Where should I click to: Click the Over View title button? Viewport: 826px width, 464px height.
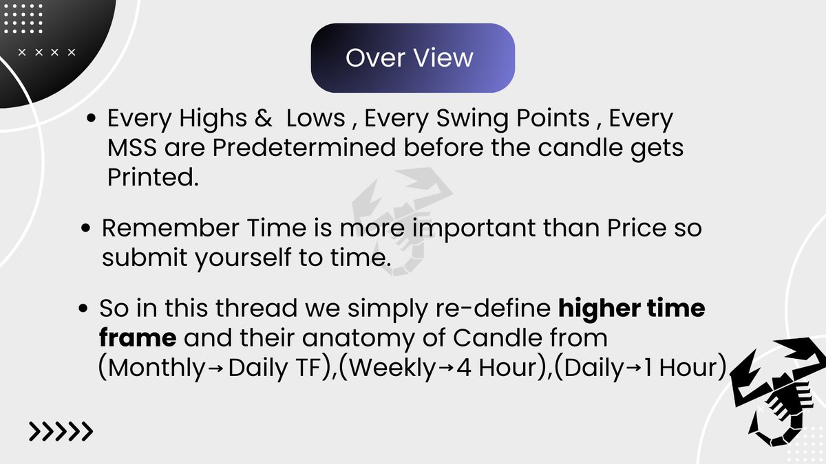point(412,58)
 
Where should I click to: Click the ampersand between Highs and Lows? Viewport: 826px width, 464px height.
point(262,119)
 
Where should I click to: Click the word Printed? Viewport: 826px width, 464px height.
point(151,177)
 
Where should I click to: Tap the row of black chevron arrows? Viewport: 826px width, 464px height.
point(61,432)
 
